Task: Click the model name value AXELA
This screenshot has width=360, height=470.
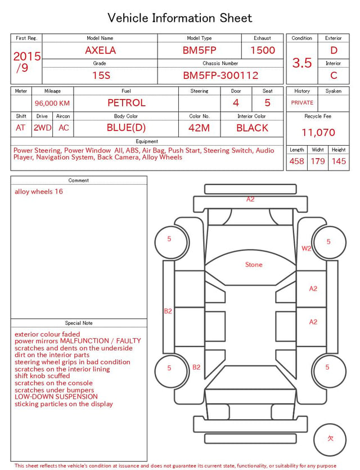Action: click(x=100, y=50)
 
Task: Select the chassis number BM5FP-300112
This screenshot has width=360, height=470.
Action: click(x=220, y=75)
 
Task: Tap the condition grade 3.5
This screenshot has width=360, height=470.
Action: click(x=302, y=62)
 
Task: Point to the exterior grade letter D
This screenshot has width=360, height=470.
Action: click(x=334, y=50)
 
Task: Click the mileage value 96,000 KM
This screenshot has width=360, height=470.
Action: click(x=52, y=103)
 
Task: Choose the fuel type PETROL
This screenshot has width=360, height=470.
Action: click(x=127, y=103)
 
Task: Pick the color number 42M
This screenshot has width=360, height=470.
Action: click(x=199, y=128)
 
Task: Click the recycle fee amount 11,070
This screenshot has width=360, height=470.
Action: click(x=318, y=132)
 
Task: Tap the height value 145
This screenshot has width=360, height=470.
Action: click(x=339, y=161)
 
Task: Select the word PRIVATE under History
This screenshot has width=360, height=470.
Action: click(x=302, y=102)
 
